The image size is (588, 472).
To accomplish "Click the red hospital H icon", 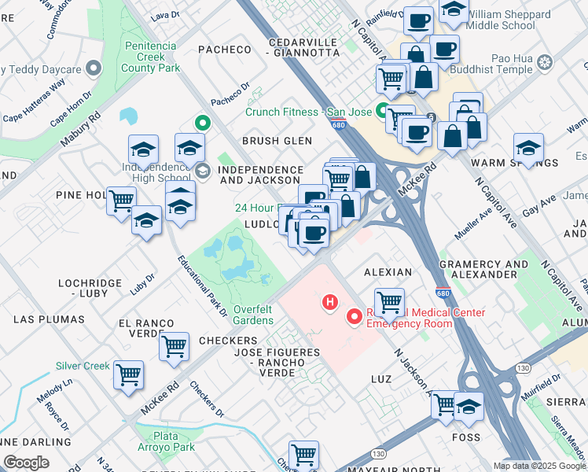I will point(331,301).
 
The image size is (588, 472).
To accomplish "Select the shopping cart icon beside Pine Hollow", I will point(121,201).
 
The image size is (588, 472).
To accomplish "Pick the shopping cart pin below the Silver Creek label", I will point(128,375).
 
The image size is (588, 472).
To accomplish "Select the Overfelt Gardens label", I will point(252,315).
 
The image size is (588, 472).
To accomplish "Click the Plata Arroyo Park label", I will point(163,441).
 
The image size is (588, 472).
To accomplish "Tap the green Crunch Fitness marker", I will point(381,111).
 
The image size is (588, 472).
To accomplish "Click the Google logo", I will point(26,463).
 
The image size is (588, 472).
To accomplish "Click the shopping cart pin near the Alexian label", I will point(389,301).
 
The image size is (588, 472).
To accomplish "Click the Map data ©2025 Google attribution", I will point(539,466).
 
